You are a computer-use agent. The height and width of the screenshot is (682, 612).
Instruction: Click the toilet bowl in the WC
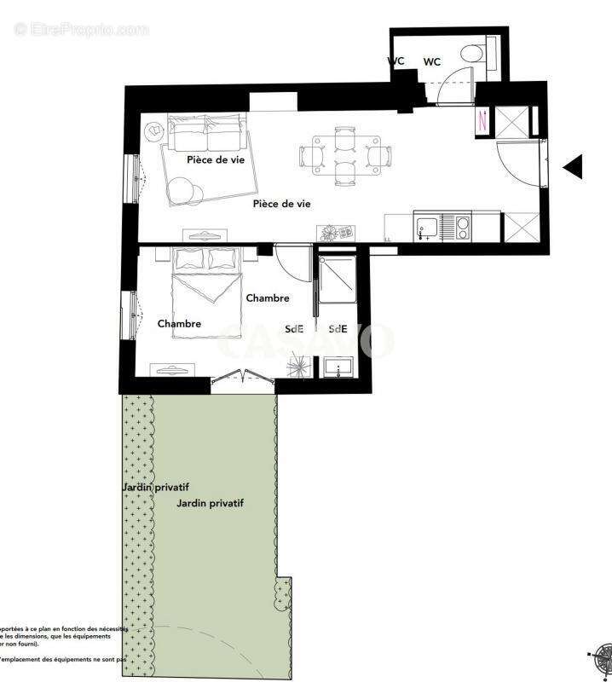(469, 53)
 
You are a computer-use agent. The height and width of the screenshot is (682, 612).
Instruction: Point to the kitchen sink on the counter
(427, 227)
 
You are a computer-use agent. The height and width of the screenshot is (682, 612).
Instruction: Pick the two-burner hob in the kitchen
(461, 227)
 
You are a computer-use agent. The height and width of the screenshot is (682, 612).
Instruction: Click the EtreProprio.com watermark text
(81, 30)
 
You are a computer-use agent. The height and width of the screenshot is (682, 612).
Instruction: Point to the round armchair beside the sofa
(155, 132)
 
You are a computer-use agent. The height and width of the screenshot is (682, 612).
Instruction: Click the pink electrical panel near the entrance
(482, 121)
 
